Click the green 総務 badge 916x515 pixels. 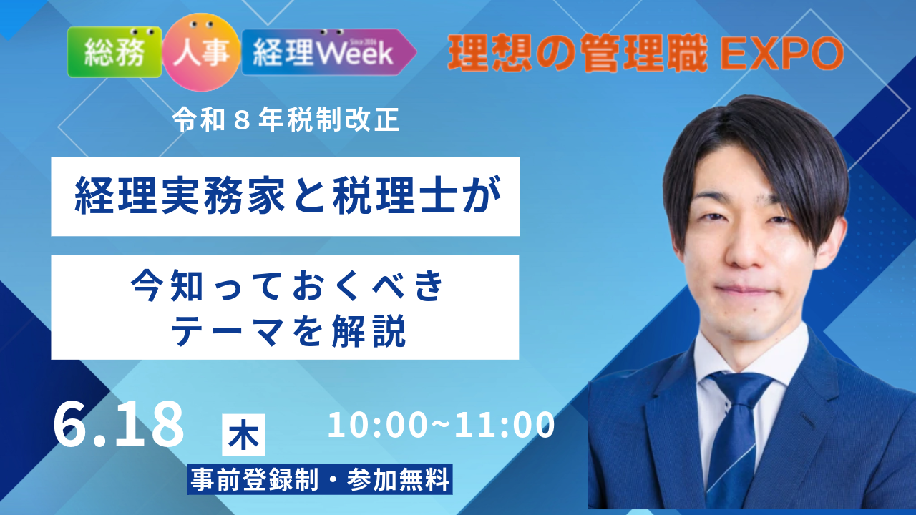(114, 52)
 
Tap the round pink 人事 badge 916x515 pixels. (201, 52)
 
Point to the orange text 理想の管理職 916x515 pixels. (578, 53)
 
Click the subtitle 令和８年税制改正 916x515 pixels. (286, 120)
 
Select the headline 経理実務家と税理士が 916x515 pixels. (288, 195)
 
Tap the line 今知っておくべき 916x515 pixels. (287, 285)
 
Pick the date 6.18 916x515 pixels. (119, 424)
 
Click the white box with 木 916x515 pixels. (243, 435)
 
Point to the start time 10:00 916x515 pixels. (377, 425)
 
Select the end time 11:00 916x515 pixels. (505, 425)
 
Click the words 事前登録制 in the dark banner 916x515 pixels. (254, 479)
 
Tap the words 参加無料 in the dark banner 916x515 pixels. (399, 479)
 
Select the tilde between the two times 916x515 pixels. (440, 425)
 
